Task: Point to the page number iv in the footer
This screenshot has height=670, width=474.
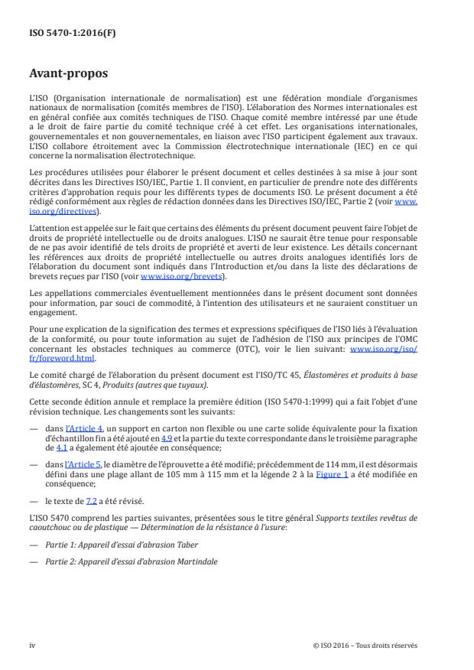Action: click(33, 645)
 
